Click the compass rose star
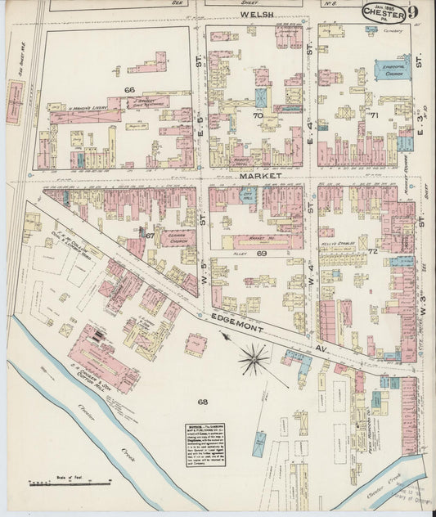[255, 356]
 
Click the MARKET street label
[261, 176]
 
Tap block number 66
[129, 89]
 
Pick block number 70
[258, 116]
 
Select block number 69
[263, 255]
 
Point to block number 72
[372, 250]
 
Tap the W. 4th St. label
[311, 288]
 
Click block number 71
[373, 116]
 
